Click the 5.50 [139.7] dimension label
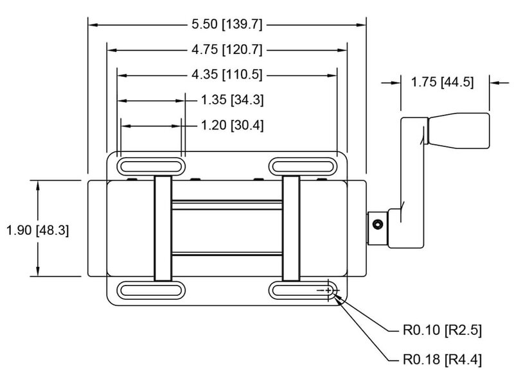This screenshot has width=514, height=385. coord(227,25)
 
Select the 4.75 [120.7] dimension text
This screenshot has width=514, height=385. coord(227,50)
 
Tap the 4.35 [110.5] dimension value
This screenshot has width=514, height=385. coord(227,75)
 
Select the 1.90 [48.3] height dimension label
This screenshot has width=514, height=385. coord(38,228)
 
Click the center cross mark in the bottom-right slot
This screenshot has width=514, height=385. coord(328,291)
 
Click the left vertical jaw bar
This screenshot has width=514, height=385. coord(163,228)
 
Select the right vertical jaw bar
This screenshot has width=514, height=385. coord(292,228)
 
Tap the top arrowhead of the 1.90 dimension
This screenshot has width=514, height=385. coord(39,185)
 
